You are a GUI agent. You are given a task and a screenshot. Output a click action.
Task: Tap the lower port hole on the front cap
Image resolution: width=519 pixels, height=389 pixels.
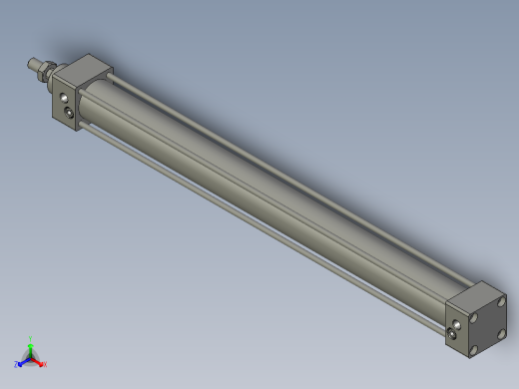70,117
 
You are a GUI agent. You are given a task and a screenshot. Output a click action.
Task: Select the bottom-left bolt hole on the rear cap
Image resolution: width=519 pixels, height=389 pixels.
474,350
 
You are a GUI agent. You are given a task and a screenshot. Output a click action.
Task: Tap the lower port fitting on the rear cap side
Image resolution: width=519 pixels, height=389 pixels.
456,335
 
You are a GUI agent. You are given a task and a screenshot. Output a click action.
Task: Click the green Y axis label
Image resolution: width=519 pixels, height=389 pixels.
30,338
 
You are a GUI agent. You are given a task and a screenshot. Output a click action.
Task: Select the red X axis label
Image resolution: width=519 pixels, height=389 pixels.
44,364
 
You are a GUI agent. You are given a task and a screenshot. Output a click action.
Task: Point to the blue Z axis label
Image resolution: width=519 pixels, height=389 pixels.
17,364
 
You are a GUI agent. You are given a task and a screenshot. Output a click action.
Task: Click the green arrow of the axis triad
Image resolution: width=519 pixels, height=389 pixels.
30,347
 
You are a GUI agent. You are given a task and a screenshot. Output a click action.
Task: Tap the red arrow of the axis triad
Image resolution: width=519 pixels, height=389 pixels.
37,360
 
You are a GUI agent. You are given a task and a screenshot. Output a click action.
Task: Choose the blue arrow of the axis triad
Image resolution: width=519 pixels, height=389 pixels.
23,360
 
